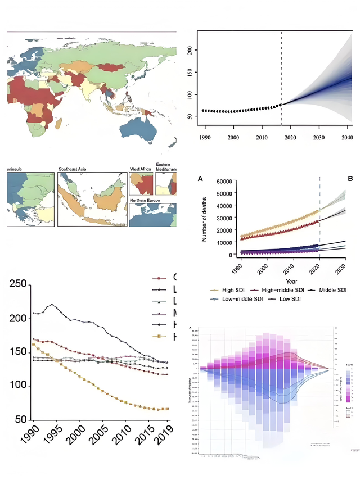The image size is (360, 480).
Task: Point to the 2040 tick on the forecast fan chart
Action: click(x=347, y=138)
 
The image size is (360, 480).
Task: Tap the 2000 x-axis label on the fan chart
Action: click(x=233, y=138)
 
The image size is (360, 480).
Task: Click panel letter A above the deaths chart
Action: click(x=199, y=178)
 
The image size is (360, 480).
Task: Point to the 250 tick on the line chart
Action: click(x=18, y=284)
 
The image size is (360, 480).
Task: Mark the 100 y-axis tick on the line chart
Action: click(x=18, y=386)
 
